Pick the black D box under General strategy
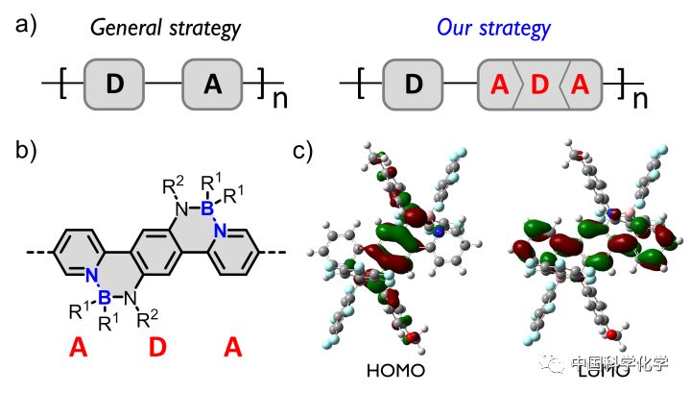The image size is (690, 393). (115, 84)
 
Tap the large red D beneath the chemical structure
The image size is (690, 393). (158, 352)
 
